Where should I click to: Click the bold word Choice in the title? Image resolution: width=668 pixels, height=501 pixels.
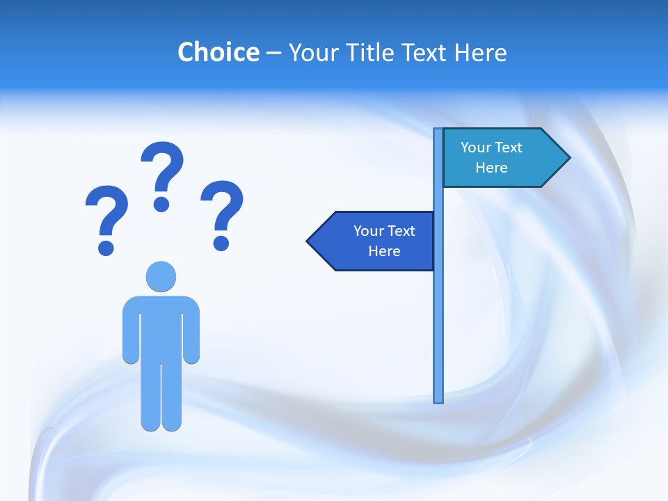[218, 52]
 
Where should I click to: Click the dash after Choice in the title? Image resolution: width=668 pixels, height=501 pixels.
[273, 54]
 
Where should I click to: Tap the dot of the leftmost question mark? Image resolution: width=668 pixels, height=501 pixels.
[106, 247]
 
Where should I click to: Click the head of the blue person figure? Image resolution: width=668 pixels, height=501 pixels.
[161, 276]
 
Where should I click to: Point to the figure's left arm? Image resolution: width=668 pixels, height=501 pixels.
[131, 331]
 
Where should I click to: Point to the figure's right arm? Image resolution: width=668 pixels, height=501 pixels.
[191, 331]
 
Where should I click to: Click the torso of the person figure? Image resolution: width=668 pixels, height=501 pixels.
[161, 327]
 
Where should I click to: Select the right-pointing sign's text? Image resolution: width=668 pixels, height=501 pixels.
[491, 157]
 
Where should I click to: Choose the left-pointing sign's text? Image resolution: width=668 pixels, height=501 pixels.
[384, 241]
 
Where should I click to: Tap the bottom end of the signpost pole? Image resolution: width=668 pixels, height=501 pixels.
[438, 399]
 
